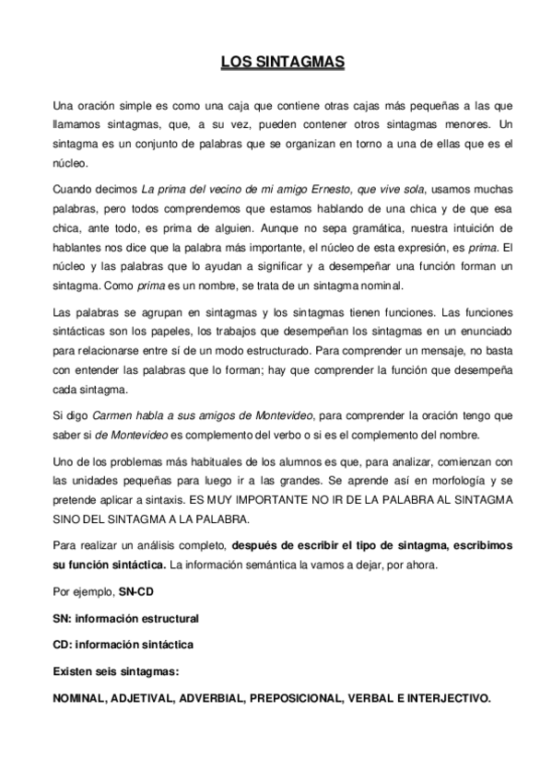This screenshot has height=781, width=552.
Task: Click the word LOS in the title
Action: tap(234, 63)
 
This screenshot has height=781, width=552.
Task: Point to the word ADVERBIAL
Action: tap(217, 698)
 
